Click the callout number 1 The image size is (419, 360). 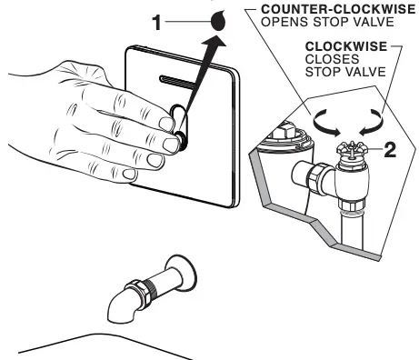pos(156,23)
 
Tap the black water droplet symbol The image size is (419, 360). pos(218,21)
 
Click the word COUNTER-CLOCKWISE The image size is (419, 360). pos(338,9)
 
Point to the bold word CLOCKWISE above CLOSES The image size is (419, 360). pos(346,46)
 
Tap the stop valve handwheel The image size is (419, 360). pos(352,150)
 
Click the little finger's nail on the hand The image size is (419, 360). pos(129,174)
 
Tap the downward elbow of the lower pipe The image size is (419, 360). pos(120,307)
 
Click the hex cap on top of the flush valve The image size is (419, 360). pos(283,129)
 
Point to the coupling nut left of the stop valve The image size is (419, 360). pos(321,178)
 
